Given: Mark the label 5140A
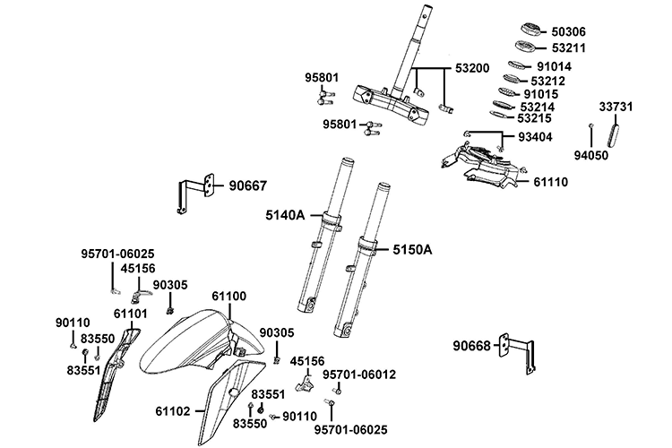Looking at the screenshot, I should pos(285,215).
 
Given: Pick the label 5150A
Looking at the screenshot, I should pos(412,249).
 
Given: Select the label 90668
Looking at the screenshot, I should pos(471,346).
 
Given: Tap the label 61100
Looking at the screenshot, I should pos(229,297).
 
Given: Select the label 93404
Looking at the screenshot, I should pos(535,137).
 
